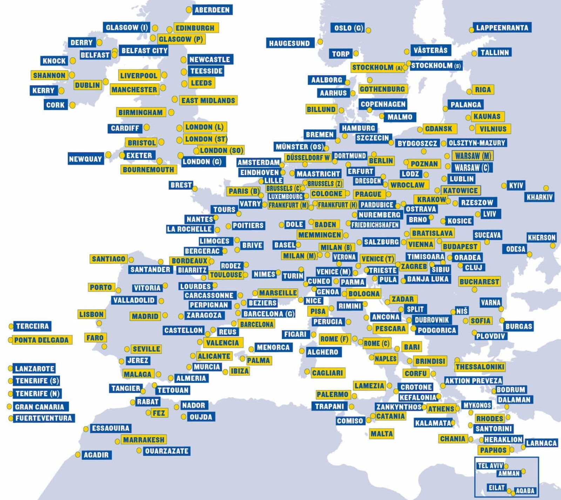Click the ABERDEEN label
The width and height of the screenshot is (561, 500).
point(212,10)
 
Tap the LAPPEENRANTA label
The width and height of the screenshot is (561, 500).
point(502,28)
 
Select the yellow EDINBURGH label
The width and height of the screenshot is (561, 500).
point(195,28)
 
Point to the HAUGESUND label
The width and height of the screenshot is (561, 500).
point(290,43)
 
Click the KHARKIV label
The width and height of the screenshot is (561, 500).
point(540,197)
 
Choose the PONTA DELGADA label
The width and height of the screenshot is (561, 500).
point(41,340)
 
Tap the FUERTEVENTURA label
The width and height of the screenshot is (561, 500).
point(43,418)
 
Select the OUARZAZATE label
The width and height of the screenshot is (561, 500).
point(167,451)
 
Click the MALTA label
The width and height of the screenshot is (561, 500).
point(382,434)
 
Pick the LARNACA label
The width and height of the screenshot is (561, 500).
point(541,443)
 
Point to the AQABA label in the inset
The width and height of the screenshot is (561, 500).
point(525,491)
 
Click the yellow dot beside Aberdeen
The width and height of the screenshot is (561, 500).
point(189,10)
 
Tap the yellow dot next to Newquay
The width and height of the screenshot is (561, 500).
point(108,155)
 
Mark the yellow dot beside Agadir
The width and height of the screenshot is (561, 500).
point(78,454)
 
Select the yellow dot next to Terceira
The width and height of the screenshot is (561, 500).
point(11,326)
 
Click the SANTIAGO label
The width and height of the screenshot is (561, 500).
point(108,259)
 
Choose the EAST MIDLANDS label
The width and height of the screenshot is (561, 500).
point(208,101)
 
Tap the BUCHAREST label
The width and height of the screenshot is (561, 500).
point(479,282)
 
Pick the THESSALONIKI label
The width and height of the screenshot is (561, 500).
point(480,367)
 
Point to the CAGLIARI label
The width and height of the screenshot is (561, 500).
point(327,373)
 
